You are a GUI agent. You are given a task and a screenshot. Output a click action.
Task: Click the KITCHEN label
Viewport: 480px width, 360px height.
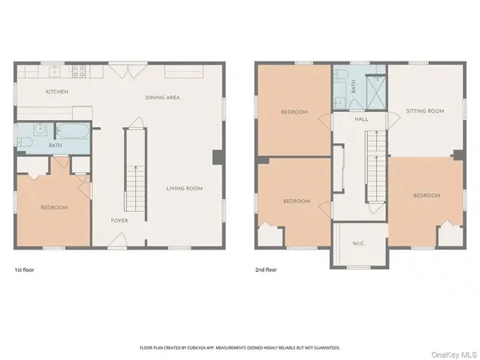point(57,92)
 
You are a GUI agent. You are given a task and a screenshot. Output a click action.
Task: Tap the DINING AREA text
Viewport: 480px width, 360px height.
point(162,97)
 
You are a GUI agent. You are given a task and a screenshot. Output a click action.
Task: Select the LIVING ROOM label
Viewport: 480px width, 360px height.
point(184,188)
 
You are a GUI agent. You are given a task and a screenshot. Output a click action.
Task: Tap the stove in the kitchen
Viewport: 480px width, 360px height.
point(80,70)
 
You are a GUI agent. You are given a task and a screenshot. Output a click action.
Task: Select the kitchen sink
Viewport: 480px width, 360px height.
point(51,70)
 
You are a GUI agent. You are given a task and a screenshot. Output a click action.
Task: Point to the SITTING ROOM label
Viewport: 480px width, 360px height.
point(425,111)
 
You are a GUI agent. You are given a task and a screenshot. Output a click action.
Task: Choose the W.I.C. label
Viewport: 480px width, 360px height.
point(358,245)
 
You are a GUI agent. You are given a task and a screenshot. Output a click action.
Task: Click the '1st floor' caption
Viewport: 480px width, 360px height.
point(24,270)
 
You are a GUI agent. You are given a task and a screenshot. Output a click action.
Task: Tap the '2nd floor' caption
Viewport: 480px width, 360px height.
point(267,270)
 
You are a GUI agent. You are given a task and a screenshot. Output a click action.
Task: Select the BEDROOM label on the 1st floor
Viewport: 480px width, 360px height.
point(54,208)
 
